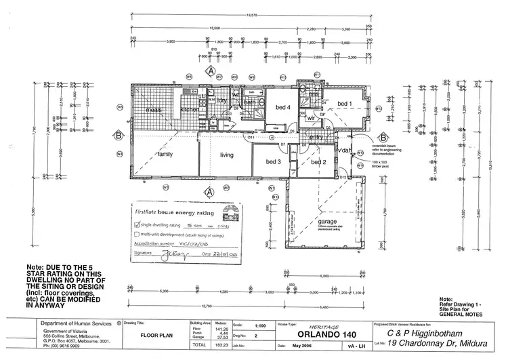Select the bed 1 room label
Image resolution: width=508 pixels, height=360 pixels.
pos(345,104)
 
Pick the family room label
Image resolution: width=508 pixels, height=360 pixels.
pos(165,155)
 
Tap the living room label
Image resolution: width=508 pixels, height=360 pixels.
pos(226,155)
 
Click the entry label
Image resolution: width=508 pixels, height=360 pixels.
pos(316,138)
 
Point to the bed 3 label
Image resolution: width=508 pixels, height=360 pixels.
pos(273,162)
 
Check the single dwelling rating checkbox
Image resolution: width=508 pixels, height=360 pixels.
pos(135,223)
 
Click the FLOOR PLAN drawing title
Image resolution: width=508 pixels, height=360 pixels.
pos(156,335)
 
